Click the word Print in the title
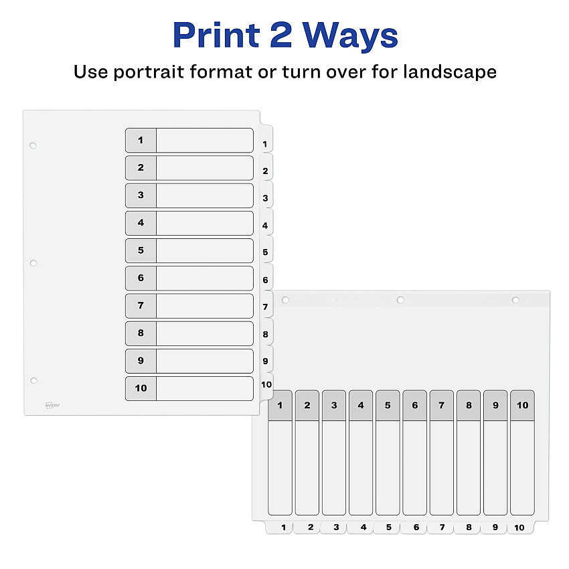click(x=216, y=35)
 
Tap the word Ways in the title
click(x=350, y=35)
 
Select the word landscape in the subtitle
click(x=450, y=72)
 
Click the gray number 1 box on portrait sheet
click(x=141, y=140)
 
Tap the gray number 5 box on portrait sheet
click(x=141, y=250)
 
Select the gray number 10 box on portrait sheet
click(x=141, y=388)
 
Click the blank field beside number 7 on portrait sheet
click(x=205, y=305)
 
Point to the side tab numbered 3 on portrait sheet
click(x=266, y=196)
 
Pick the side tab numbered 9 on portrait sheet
click(x=266, y=359)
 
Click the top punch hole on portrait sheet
click(x=33, y=145)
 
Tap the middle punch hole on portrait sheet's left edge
click(x=33, y=263)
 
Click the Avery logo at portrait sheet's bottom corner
click(x=52, y=406)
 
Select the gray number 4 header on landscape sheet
click(x=361, y=406)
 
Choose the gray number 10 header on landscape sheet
click(x=522, y=406)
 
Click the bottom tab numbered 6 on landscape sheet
click(x=414, y=527)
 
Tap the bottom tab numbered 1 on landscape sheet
click(x=279, y=527)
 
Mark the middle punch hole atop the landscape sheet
click(x=400, y=300)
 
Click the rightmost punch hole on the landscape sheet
click(x=515, y=300)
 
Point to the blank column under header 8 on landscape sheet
click(x=469, y=468)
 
